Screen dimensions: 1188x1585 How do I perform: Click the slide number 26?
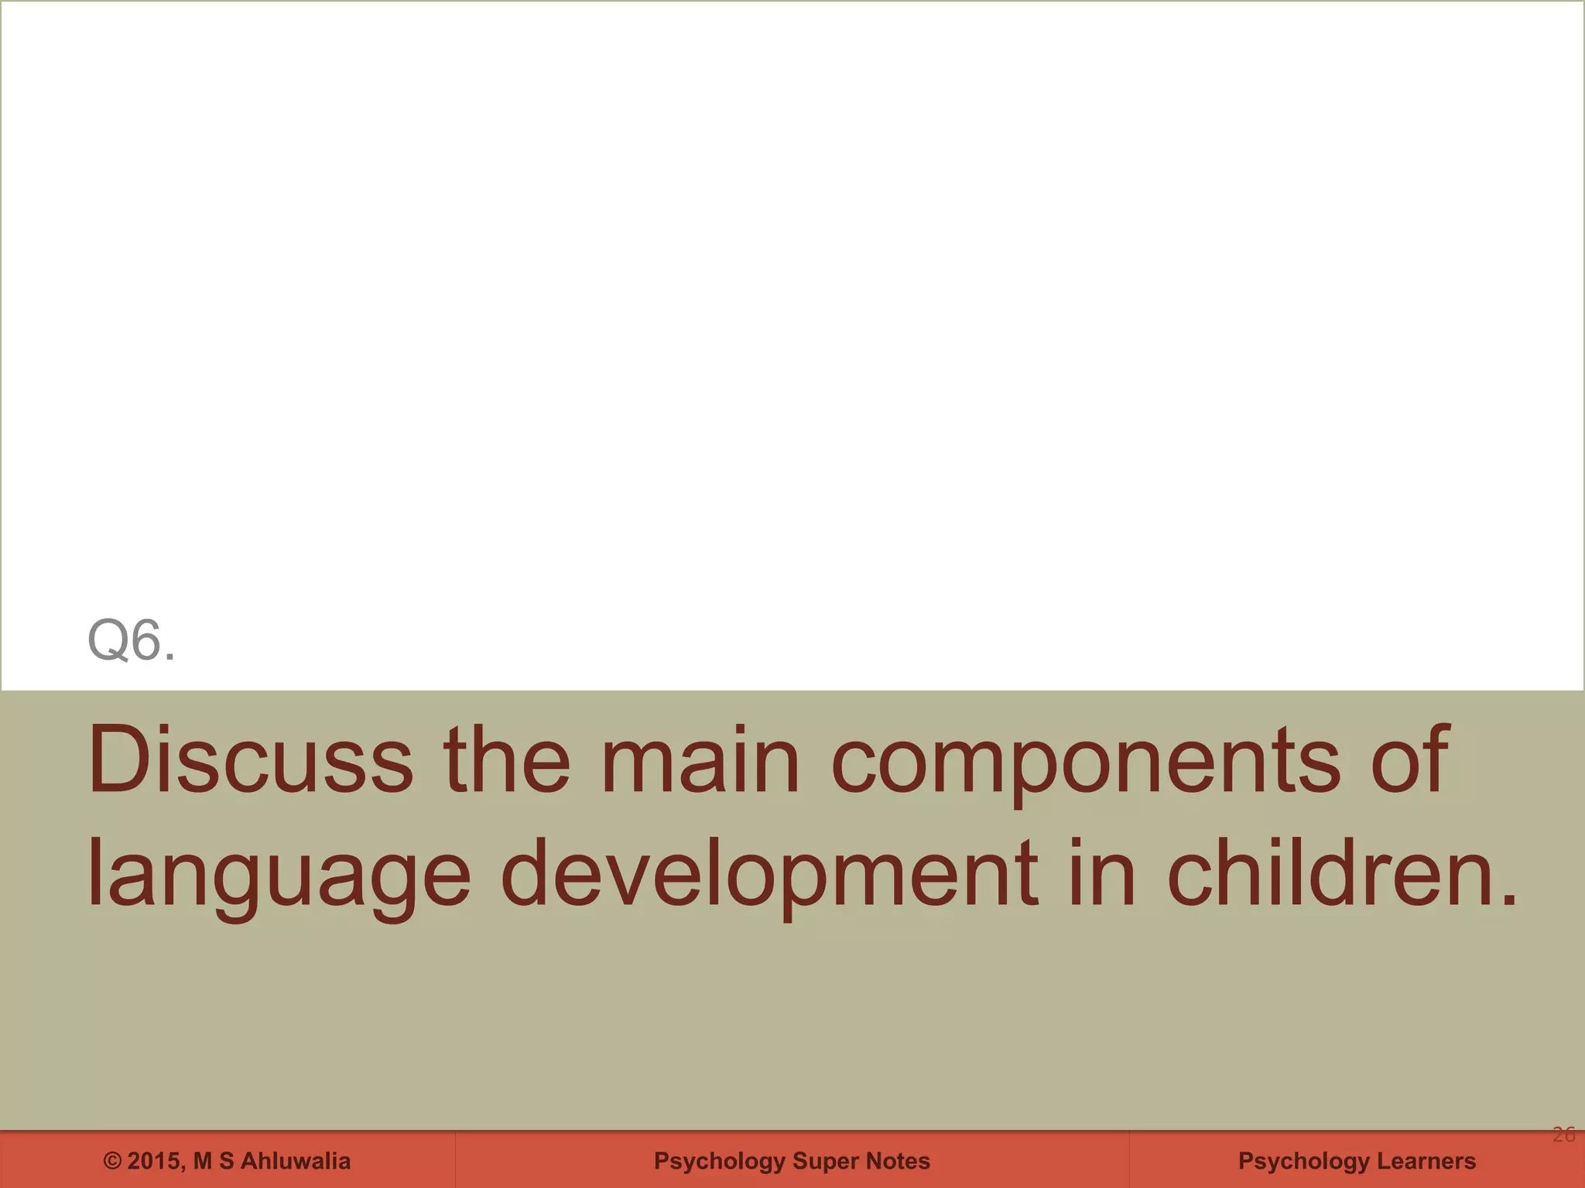[x=1563, y=1135]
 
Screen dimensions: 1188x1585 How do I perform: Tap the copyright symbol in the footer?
[x=113, y=1161]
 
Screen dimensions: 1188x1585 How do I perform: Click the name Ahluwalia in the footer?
[x=295, y=1161]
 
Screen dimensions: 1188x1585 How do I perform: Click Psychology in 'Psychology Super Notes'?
[x=719, y=1161]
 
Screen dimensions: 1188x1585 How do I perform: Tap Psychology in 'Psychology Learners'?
[x=1303, y=1161]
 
